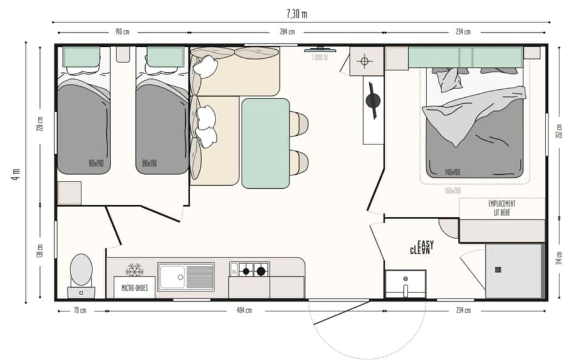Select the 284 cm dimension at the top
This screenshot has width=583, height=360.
click(x=287, y=32)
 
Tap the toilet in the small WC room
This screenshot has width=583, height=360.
click(x=81, y=272)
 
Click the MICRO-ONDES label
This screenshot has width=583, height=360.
click(x=135, y=288)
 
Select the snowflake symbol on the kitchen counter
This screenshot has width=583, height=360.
click(x=134, y=270)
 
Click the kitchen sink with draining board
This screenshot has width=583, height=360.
click(x=186, y=276)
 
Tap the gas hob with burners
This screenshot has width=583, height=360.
click(x=249, y=270)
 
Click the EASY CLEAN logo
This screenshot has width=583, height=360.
click(x=421, y=247)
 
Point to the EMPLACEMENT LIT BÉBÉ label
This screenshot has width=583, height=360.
click(x=502, y=208)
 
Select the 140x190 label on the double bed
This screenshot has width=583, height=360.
click(x=452, y=172)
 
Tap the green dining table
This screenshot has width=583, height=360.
click(x=265, y=143)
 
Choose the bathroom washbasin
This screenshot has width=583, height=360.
click(x=405, y=284)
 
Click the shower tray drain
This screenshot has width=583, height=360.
click(x=498, y=270)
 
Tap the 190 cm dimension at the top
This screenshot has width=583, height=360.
click(x=122, y=32)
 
